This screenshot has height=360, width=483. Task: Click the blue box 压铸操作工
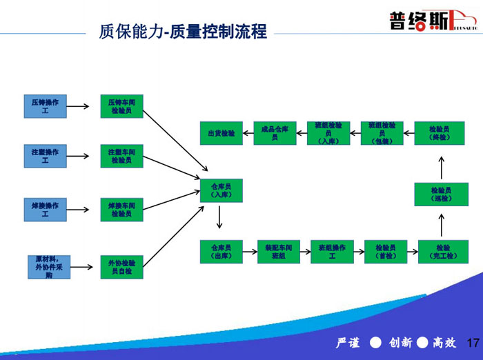[45, 106]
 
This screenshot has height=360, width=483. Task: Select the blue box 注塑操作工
[45, 156]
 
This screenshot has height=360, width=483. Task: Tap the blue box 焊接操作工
[45, 209]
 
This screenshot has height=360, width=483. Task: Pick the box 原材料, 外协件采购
[48, 267]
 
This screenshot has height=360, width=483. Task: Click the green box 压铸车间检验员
[121, 106]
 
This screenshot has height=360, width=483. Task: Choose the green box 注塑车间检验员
[121, 156]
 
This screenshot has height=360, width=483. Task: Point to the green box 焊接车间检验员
[121, 209]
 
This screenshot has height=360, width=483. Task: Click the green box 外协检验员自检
[121, 267]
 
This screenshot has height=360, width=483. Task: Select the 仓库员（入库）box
[221, 190]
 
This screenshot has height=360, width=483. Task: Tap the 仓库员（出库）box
[221, 251]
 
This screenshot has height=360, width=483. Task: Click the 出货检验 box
[221, 132]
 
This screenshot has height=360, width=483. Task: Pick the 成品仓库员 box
[274, 132]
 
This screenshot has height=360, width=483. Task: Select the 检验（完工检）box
[442, 251]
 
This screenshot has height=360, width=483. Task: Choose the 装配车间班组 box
[275, 251]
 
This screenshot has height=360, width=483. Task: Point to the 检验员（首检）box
[386, 251]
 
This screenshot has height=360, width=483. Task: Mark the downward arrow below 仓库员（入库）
[219, 218]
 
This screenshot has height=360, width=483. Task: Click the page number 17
[473, 343]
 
